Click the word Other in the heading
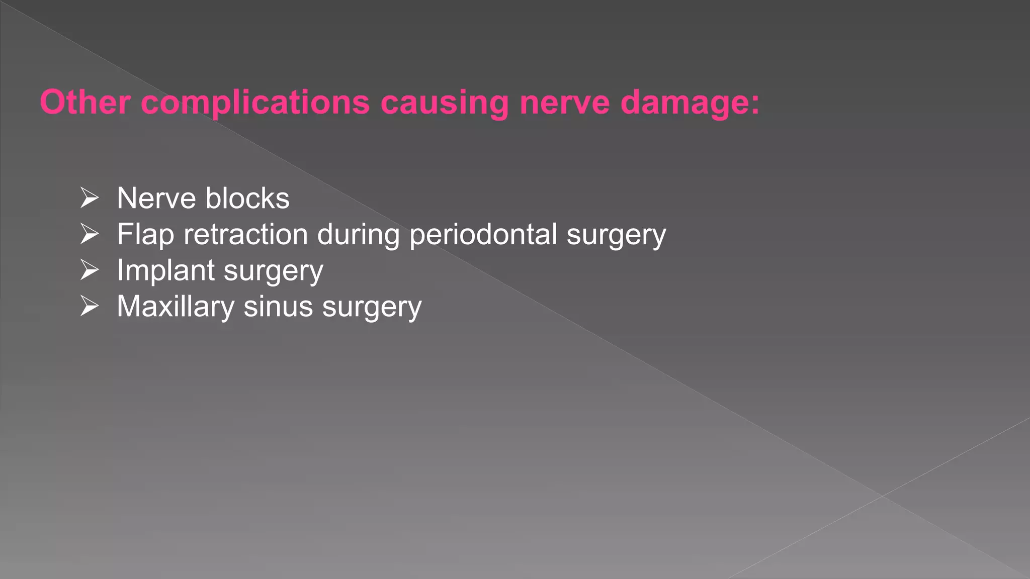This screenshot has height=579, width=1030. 85,103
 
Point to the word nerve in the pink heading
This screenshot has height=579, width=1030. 565,103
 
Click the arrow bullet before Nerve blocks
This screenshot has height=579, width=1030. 90,198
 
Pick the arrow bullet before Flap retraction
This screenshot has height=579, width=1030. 90,234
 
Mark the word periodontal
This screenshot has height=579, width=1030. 483,234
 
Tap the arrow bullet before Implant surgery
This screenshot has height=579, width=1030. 90,270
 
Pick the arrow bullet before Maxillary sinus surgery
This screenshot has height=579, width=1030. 90,307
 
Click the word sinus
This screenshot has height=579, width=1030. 278,307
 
